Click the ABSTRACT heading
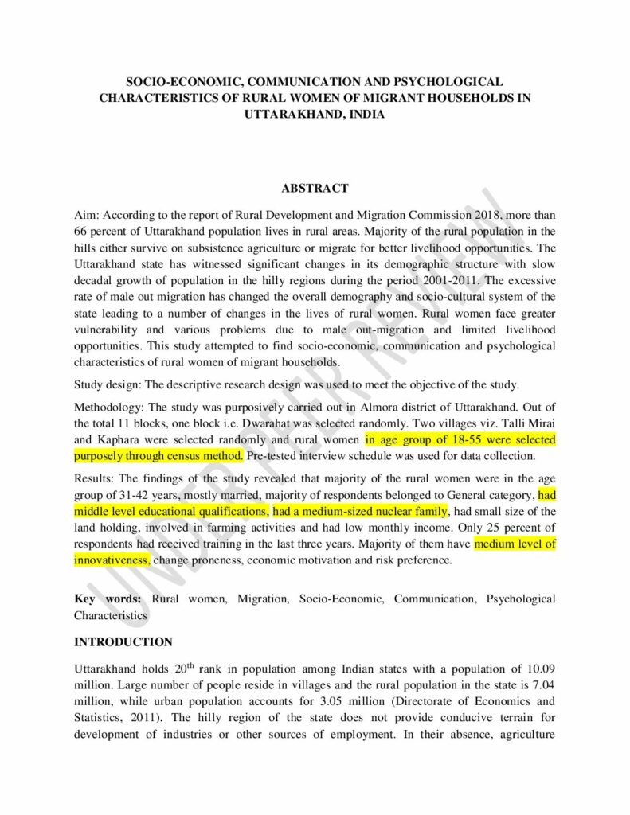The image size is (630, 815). point(315,189)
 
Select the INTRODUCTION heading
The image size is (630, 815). point(123,641)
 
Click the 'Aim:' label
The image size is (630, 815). point(86,215)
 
